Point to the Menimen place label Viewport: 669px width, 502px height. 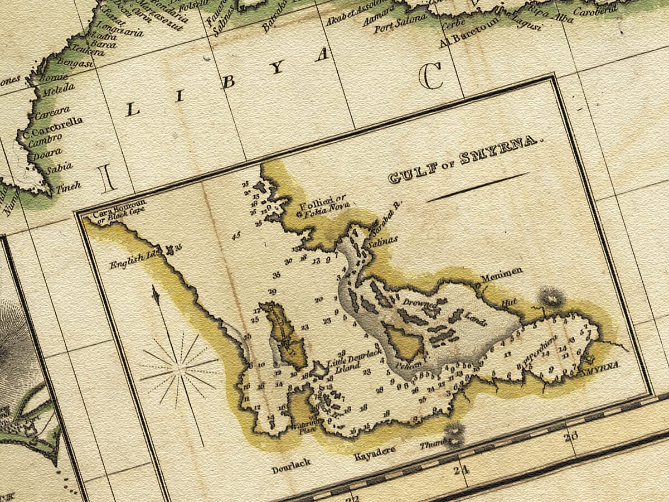pos(502,272)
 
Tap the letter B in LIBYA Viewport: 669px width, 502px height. pos(228,82)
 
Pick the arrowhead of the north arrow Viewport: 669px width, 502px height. pos(156,294)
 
